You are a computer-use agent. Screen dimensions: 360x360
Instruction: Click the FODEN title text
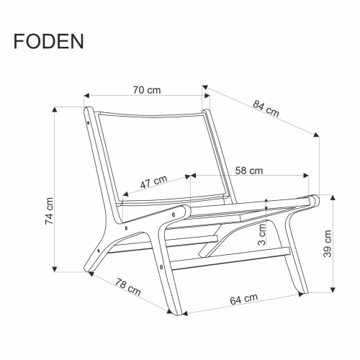pos(48,40)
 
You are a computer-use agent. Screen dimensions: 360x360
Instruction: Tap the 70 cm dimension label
pos(146,90)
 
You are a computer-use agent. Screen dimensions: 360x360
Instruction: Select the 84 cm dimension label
pos(266,109)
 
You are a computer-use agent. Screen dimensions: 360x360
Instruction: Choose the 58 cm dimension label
pos(248,171)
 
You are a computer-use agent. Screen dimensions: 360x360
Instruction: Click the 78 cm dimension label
pos(127,288)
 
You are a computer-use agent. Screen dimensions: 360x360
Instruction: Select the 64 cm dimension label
pos(245,299)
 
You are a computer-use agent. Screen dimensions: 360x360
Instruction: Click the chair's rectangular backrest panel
pos(155,155)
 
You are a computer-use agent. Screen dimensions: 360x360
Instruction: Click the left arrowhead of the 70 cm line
pos(85,95)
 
